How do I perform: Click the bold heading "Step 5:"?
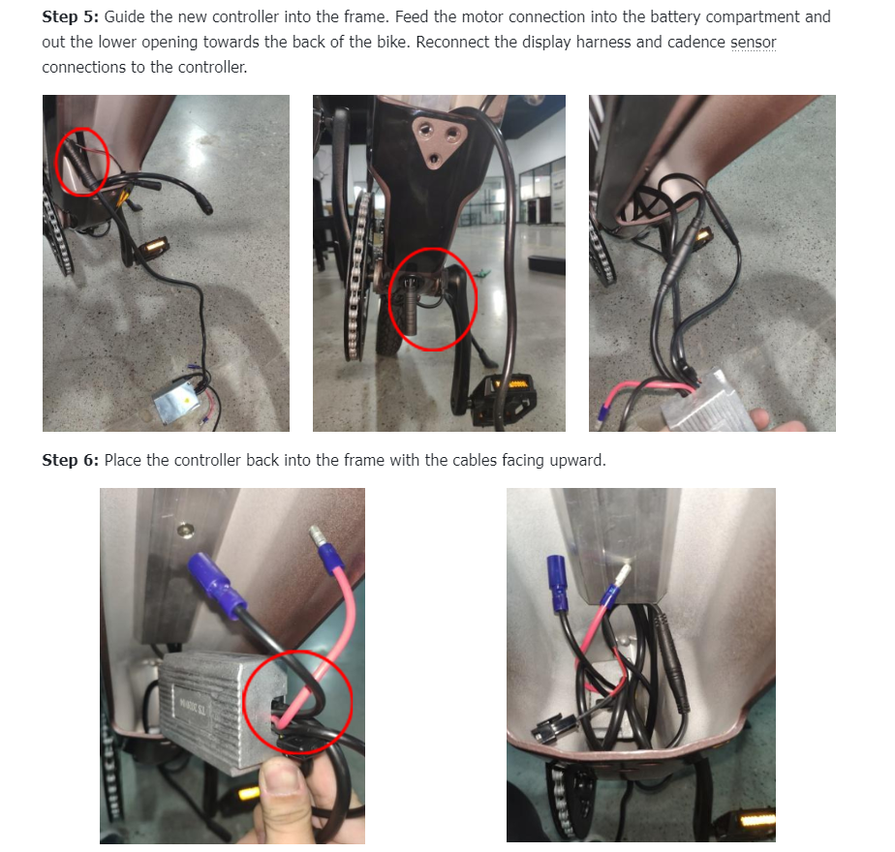[x=70, y=17]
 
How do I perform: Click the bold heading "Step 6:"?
[x=70, y=460]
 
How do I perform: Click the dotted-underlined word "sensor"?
[x=754, y=43]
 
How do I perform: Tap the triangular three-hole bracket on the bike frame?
[x=440, y=142]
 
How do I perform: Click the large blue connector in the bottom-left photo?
[x=217, y=585]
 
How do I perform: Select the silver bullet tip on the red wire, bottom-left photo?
[x=316, y=535]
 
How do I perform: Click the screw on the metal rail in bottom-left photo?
[x=184, y=531]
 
